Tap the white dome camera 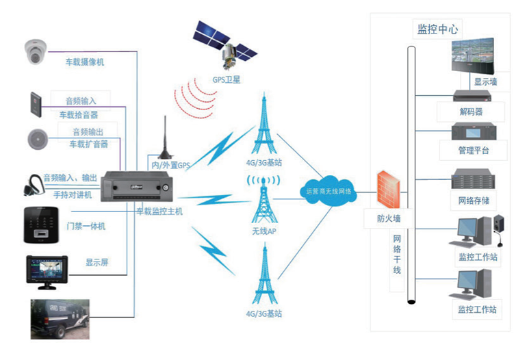pyautogui.click(x=36, y=52)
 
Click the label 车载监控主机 pyautogui.click(x=159, y=211)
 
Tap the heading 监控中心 pyautogui.click(x=439, y=29)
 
